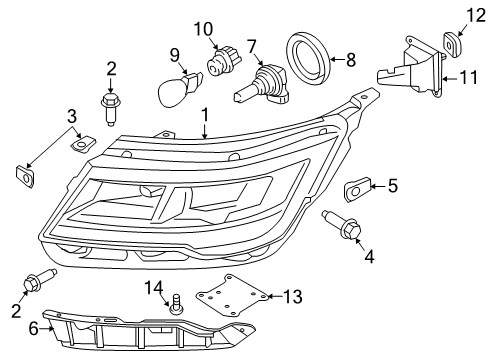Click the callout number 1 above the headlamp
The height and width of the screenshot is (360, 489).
[205, 116]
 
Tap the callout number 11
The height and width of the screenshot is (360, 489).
[467, 76]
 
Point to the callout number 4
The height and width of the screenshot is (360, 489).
[370, 257]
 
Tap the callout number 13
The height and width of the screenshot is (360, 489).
[292, 296]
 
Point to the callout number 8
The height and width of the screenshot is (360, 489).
[350, 59]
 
